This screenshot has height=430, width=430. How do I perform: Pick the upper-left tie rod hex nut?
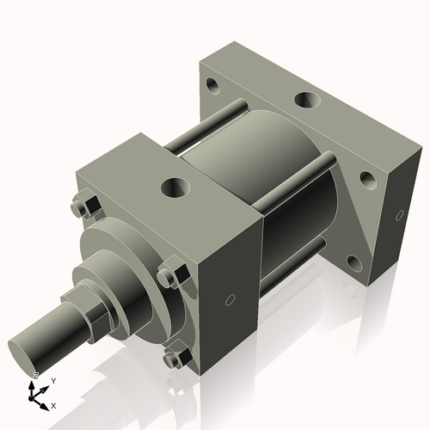[x=84, y=207]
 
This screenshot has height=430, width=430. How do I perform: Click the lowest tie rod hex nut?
[x=174, y=357]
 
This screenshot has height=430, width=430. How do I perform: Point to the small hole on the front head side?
[x=229, y=299]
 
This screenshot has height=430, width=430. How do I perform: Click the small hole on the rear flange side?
[x=399, y=215]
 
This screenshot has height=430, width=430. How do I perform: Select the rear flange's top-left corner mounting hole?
[x=212, y=86]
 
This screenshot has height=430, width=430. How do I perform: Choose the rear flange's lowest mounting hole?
[x=353, y=261]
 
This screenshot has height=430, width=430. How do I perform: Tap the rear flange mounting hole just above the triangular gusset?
[x=367, y=180]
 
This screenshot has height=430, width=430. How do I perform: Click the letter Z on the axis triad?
[x=36, y=376]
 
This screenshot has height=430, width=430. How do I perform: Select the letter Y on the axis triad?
[x=53, y=380]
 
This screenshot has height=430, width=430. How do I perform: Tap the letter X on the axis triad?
[x=54, y=404]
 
